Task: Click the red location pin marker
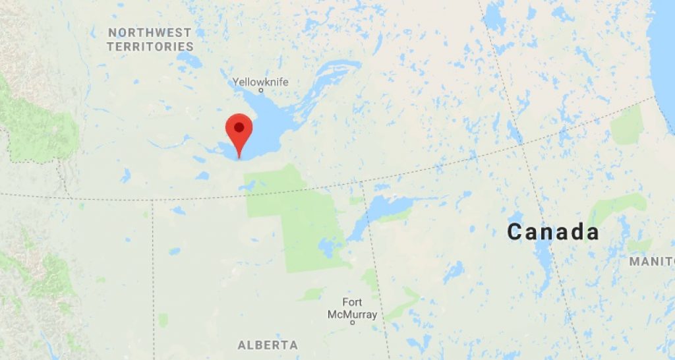(x=239, y=132)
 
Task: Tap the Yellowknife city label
(x=260, y=82)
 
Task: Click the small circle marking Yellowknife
(x=261, y=90)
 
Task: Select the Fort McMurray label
(x=352, y=309)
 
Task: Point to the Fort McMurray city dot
(x=353, y=323)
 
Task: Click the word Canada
(x=553, y=232)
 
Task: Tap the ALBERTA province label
(x=268, y=345)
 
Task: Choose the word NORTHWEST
(x=150, y=32)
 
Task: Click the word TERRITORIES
(x=150, y=47)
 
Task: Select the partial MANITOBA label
(x=651, y=262)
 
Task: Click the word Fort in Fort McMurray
(x=352, y=303)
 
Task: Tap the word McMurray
(x=353, y=315)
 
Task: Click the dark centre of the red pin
(x=239, y=126)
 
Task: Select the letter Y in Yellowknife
(x=235, y=82)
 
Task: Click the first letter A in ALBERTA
(x=241, y=345)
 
